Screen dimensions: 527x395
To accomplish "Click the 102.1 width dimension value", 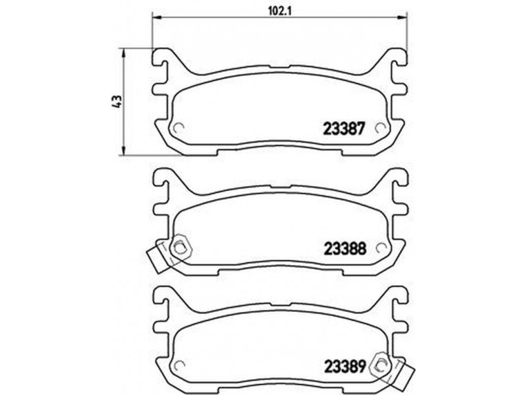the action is [279, 11].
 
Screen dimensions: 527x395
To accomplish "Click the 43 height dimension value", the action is [117, 101].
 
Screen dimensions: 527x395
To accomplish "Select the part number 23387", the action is [344, 128].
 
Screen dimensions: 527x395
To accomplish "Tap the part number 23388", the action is [345, 249].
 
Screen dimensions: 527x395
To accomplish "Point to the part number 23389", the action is [345, 367].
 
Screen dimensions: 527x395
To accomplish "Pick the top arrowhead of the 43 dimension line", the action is [124, 53].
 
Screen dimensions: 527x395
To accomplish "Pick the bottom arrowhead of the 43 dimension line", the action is [124, 151].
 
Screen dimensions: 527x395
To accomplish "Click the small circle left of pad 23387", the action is [177, 128].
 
